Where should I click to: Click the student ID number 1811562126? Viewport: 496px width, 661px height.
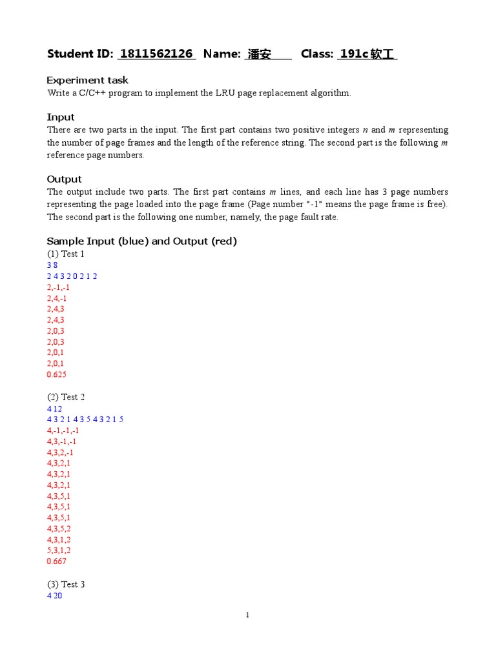pos(156,54)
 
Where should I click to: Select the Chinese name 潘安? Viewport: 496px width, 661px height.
pos(260,54)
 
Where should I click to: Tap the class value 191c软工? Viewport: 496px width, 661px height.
pos(366,54)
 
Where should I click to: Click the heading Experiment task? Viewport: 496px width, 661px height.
pos(87,80)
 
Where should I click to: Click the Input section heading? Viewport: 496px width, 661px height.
pos(61,117)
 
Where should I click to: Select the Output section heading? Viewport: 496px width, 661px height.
pos(65,179)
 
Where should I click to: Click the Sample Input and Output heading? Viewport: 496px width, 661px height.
pos(142,241)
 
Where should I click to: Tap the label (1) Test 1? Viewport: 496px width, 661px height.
pos(65,254)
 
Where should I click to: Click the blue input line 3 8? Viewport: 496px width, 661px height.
pos(52,265)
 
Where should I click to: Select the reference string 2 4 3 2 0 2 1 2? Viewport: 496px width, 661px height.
pos(72,276)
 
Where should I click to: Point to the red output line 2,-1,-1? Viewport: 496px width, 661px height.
pos(58,287)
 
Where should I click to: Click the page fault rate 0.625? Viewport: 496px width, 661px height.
pos(57,374)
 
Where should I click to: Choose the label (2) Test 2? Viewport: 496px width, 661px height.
pos(65,397)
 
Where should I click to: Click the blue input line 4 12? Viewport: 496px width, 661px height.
pos(54,408)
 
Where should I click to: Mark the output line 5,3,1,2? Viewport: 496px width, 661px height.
pos(59,551)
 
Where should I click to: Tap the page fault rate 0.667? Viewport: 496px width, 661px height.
pos(57,562)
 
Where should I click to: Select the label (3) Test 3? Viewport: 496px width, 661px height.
pos(65,584)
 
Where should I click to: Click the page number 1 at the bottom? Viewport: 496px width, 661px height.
pos(247,615)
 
